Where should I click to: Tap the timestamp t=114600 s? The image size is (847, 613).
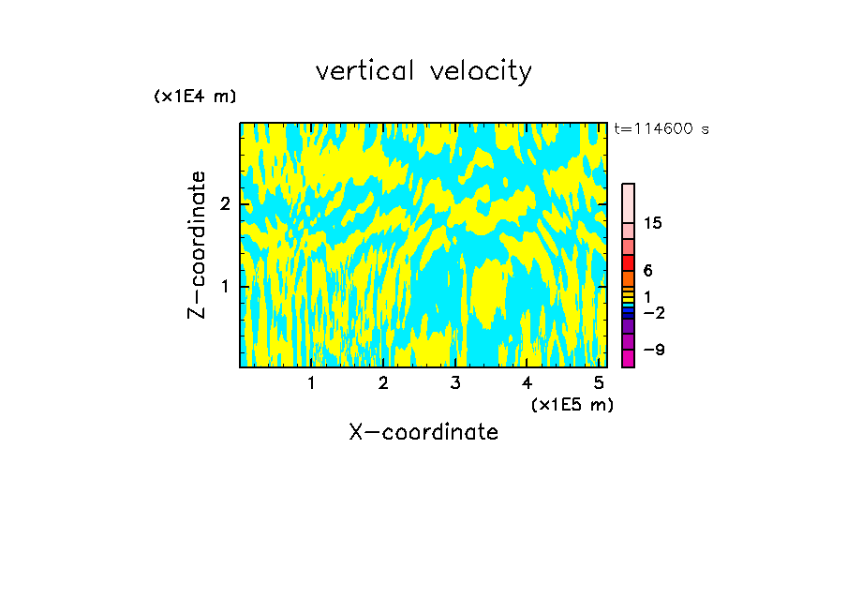point(661,129)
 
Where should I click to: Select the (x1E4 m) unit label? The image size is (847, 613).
point(195,97)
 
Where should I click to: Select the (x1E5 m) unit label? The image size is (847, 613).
point(572,405)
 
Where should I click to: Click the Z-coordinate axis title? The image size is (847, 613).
point(197,245)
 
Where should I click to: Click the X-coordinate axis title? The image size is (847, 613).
point(423,432)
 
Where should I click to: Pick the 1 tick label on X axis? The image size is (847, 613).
point(312,383)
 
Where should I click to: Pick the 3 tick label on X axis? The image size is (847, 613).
point(455,383)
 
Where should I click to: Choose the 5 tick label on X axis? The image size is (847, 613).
point(599,383)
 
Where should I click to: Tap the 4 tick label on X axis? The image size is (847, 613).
point(528,383)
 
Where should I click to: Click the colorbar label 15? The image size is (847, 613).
point(653,223)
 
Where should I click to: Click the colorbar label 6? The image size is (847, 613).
point(647,271)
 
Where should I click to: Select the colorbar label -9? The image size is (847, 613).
point(653,350)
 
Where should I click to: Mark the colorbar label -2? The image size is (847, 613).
point(653,313)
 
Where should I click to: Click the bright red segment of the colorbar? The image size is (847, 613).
point(629,262)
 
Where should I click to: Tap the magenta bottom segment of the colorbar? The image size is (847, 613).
point(629,358)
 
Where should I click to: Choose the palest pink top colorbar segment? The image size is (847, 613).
point(629,202)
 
